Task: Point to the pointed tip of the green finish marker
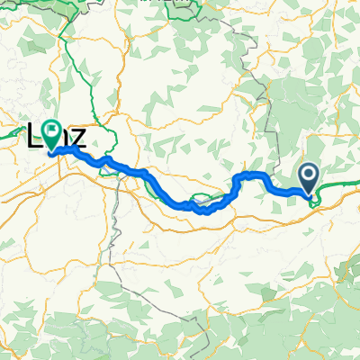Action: pyautogui.click(x=51, y=151)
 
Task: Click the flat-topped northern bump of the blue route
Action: pyautogui.click(x=251, y=174)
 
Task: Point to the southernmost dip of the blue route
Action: pyautogui.click(x=204, y=212)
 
